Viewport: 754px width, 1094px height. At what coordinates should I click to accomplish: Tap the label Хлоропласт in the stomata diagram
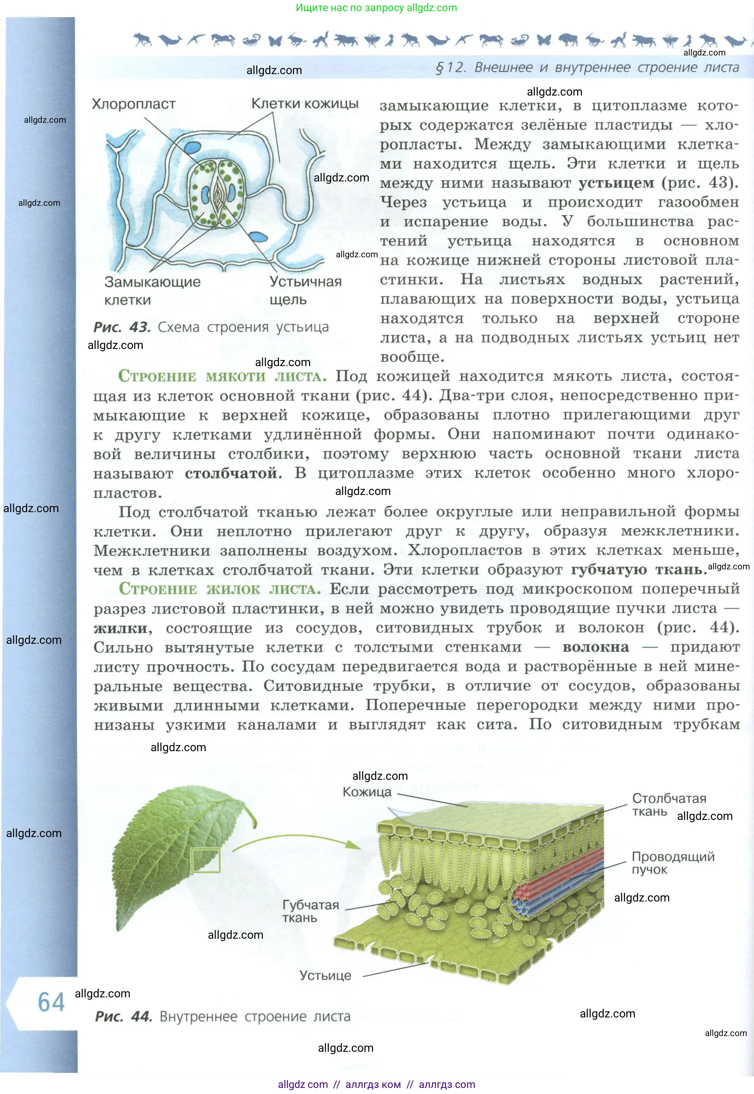coord(134,104)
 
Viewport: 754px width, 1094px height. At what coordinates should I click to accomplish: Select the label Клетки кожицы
coord(305,103)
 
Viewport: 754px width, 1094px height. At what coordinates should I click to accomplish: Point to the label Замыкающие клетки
coord(152,291)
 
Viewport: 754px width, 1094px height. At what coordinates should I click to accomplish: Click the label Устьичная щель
coord(305,290)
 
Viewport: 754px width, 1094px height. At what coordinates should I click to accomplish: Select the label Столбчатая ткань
coord(669,805)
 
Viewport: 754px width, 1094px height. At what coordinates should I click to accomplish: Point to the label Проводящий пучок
coord(673,863)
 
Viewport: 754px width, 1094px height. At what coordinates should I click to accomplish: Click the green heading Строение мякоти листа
coord(222,376)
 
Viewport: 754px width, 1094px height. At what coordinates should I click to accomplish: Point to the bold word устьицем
coord(617,183)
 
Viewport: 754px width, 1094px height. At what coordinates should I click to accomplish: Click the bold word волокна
coord(596,647)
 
